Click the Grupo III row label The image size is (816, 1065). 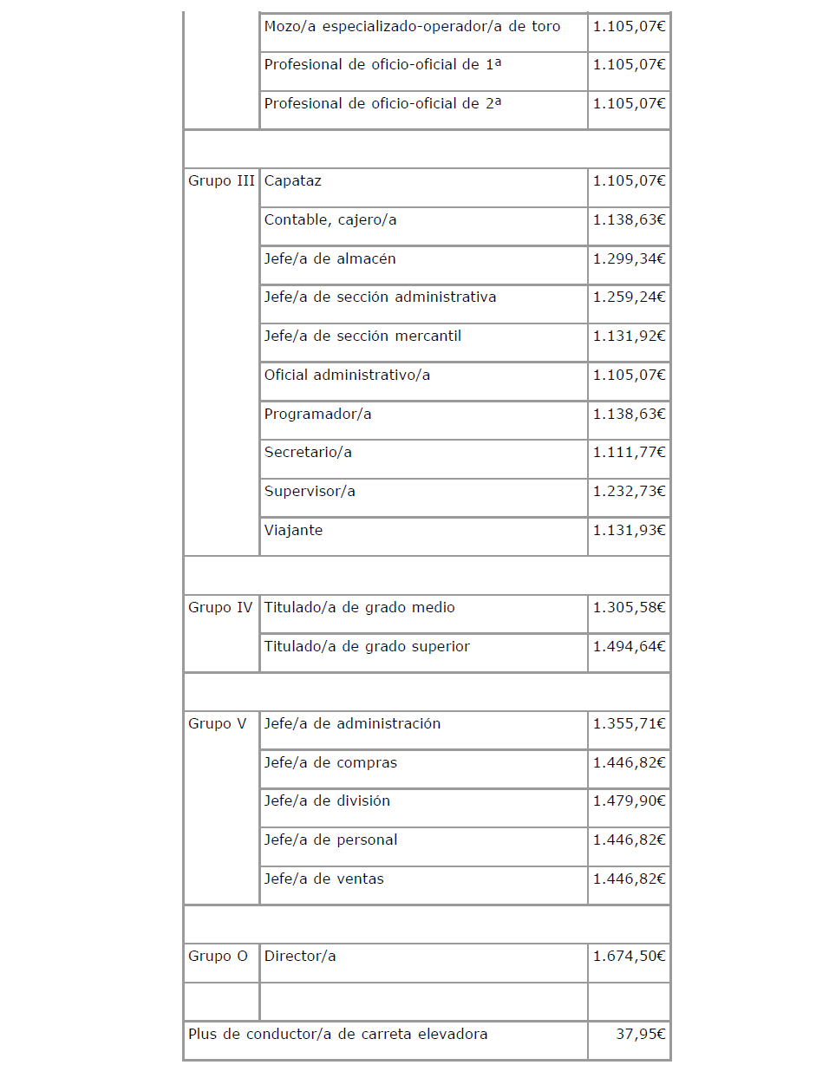[221, 181]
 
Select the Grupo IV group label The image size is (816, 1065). [220, 608]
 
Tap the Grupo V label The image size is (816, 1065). [217, 724]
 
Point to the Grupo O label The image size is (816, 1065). [218, 957]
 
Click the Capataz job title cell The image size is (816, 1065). [293, 181]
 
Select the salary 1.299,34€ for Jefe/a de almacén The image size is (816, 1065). [629, 258]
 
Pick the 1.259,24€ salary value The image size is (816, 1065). [629, 297]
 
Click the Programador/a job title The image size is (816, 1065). [317, 414]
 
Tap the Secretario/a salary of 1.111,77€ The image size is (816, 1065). [629, 452]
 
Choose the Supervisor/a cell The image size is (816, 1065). [310, 491]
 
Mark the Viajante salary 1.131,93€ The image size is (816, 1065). [629, 530]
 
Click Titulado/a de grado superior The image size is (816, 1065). [367, 646]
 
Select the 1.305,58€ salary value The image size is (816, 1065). [629, 608]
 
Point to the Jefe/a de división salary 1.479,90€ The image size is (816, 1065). [629, 801]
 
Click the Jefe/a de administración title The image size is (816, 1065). [352, 724]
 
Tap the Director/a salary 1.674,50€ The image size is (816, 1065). [629, 957]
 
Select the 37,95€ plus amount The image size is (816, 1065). [640, 1034]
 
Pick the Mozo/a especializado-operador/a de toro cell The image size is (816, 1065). [412, 27]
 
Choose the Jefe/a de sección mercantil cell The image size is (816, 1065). [362, 336]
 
